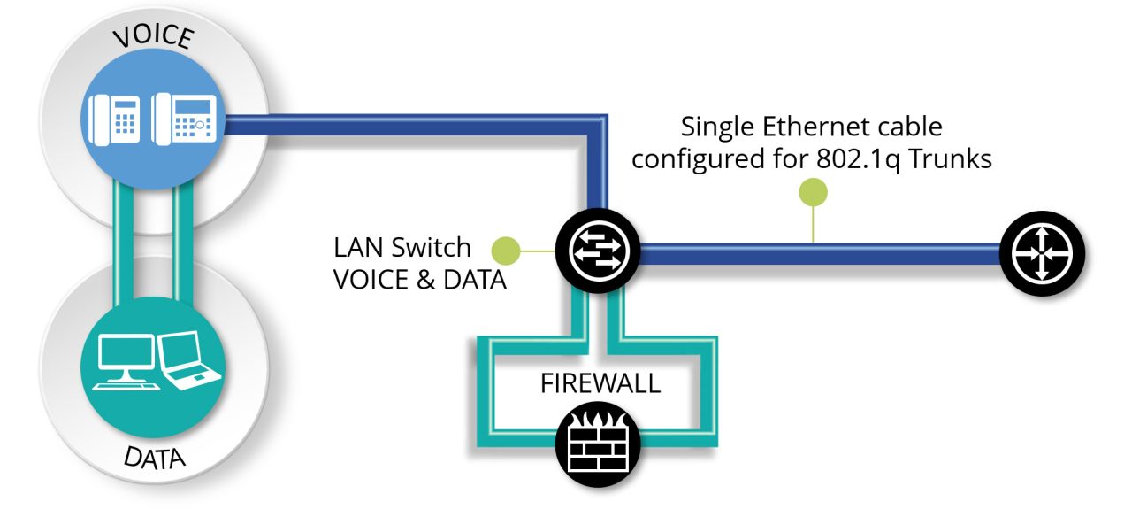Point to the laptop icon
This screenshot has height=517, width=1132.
[189, 360]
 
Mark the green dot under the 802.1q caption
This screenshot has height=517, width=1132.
[813, 192]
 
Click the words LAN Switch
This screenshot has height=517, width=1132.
[402, 246]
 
